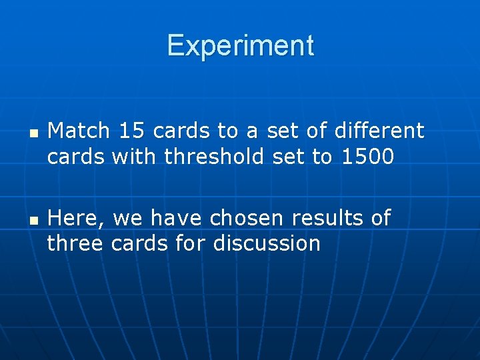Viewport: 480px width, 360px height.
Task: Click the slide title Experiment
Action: click(240, 46)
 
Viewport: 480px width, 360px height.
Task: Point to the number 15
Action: click(131, 131)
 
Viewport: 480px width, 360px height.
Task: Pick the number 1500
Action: click(367, 157)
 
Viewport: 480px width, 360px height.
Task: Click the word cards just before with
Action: click(76, 157)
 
